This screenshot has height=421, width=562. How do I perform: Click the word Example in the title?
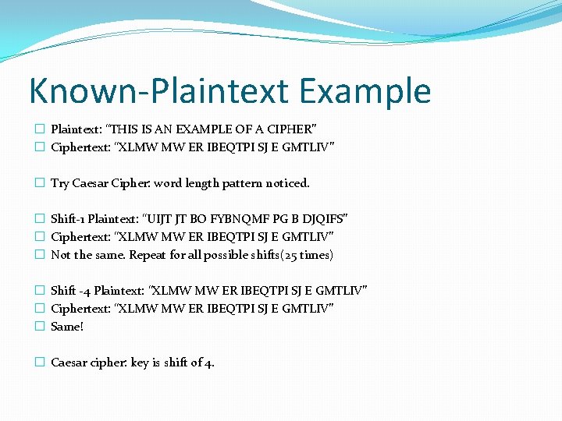pyautogui.click(x=365, y=91)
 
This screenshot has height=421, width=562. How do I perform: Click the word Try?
pyautogui.click(x=60, y=183)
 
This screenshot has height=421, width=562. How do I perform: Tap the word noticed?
pyautogui.click(x=288, y=183)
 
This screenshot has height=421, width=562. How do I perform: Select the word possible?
pyautogui.click(x=231, y=255)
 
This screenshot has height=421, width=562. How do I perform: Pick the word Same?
pyautogui.click(x=67, y=327)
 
